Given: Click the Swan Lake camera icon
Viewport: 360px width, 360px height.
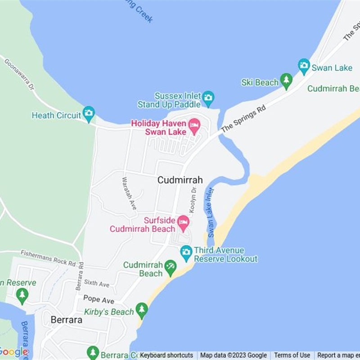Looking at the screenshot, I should click(x=304, y=67).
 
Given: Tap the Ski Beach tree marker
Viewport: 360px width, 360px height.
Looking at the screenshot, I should click(x=286, y=81).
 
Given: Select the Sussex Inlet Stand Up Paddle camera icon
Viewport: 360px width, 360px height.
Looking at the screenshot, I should click(x=208, y=97).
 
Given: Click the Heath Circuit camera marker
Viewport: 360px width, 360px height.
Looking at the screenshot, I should click(x=89, y=113).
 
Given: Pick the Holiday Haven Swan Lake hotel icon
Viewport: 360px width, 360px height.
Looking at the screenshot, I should click(x=194, y=126).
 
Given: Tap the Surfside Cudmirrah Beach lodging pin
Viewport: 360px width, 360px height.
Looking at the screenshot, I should click(x=183, y=222).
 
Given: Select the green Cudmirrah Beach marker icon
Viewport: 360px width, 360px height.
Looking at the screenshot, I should click(x=170, y=267).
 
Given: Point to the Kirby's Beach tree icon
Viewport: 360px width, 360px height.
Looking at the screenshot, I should click(x=142, y=310).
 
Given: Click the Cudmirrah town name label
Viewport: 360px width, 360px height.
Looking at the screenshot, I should click(x=180, y=180).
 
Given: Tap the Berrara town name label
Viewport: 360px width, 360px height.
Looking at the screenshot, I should click(x=66, y=319).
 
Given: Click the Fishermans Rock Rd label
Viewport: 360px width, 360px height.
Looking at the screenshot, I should click(x=48, y=258).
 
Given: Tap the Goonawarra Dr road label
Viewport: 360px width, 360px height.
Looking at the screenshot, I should click(x=19, y=73).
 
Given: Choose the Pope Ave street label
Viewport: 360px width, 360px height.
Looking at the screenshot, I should click(x=99, y=299).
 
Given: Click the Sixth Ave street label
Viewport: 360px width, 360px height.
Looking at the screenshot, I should click(x=97, y=283).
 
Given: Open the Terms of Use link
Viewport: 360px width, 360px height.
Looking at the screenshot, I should click(x=292, y=355).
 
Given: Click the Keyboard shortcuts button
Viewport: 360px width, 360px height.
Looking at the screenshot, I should click(x=166, y=355).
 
